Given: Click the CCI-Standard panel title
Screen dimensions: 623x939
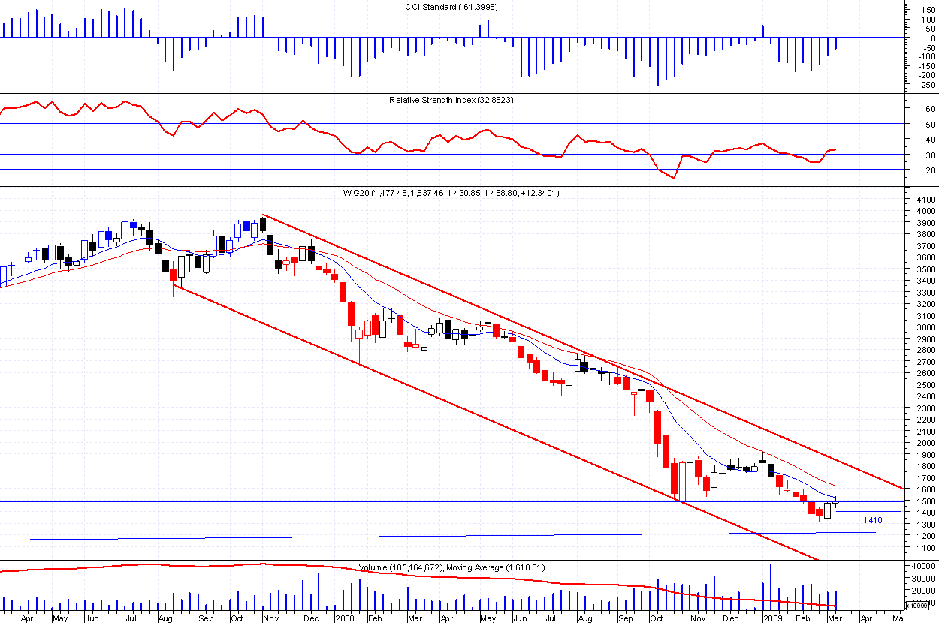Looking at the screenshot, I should [x=450, y=7].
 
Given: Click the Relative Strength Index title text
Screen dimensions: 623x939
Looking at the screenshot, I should [x=451, y=100].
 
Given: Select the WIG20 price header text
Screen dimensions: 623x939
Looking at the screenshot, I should [x=450, y=193].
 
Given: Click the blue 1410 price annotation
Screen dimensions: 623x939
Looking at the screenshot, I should [x=872, y=520].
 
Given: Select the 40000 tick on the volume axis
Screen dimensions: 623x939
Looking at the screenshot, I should [x=921, y=567].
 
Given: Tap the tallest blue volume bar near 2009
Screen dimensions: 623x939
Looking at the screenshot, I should [x=771, y=585].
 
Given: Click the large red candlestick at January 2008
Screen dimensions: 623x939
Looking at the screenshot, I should [x=351, y=314].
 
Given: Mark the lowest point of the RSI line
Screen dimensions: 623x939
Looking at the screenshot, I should [x=674, y=178].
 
